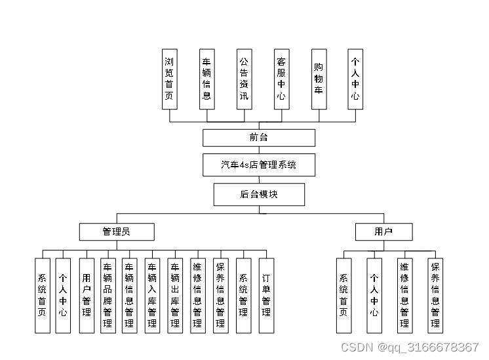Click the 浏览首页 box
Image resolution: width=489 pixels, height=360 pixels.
click(170, 79)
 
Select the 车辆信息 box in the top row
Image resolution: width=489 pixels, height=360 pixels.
click(206, 79)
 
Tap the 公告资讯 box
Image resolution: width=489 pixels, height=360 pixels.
click(244, 79)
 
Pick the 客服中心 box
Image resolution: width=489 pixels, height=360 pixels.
click(281, 79)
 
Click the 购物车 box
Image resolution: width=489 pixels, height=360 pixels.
click(319, 79)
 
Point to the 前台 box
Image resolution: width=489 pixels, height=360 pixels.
click(258, 138)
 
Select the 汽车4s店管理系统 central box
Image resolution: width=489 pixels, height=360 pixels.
click(258, 165)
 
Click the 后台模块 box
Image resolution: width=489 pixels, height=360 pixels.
click(258, 195)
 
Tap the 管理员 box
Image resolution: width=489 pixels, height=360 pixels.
click(117, 231)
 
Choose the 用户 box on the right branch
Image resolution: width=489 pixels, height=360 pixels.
click(383, 231)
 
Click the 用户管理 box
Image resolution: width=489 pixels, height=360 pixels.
click(86, 295)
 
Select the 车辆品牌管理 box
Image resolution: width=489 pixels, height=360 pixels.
click(108, 295)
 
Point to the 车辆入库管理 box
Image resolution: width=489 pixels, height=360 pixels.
click(152, 295)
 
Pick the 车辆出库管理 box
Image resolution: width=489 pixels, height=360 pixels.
click(175, 295)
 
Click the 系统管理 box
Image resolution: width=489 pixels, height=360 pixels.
click(243, 295)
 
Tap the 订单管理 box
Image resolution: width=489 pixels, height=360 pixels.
click(265, 295)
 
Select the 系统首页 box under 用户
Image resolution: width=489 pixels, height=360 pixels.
click(343, 295)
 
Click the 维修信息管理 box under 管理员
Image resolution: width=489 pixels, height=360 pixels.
click(197, 295)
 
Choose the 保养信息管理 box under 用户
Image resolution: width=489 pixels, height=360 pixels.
click(435, 295)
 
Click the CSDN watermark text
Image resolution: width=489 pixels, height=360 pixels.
click(410, 347)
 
